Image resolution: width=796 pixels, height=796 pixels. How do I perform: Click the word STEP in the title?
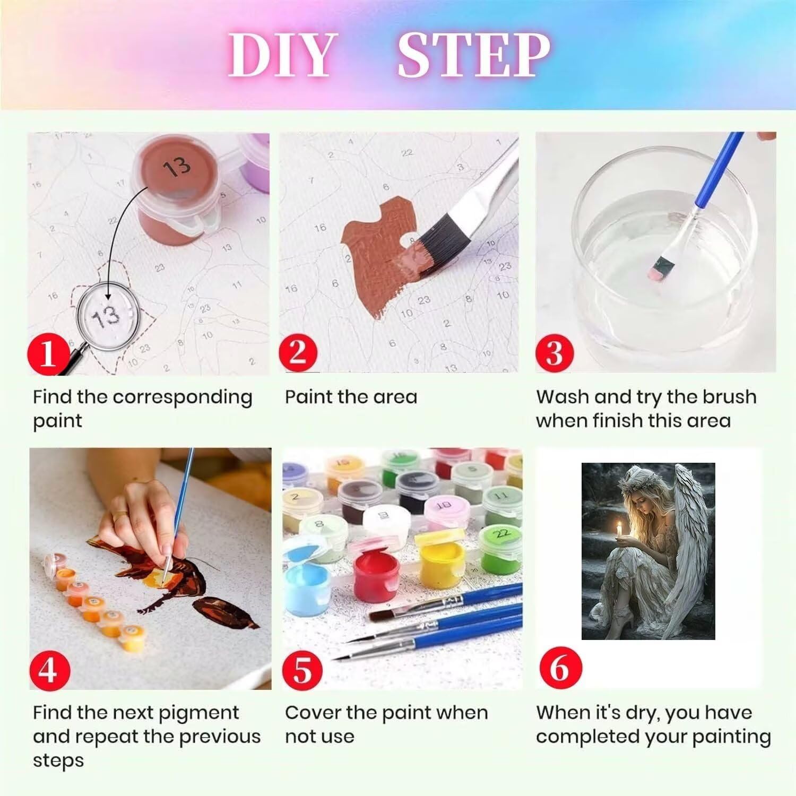click(474, 55)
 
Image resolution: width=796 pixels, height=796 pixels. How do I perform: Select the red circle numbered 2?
click(298, 351)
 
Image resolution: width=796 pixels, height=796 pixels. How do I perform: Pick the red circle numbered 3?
click(555, 351)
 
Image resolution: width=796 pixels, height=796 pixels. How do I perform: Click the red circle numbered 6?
click(559, 667)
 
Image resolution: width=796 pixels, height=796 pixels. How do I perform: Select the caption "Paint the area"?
click(351, 397)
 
